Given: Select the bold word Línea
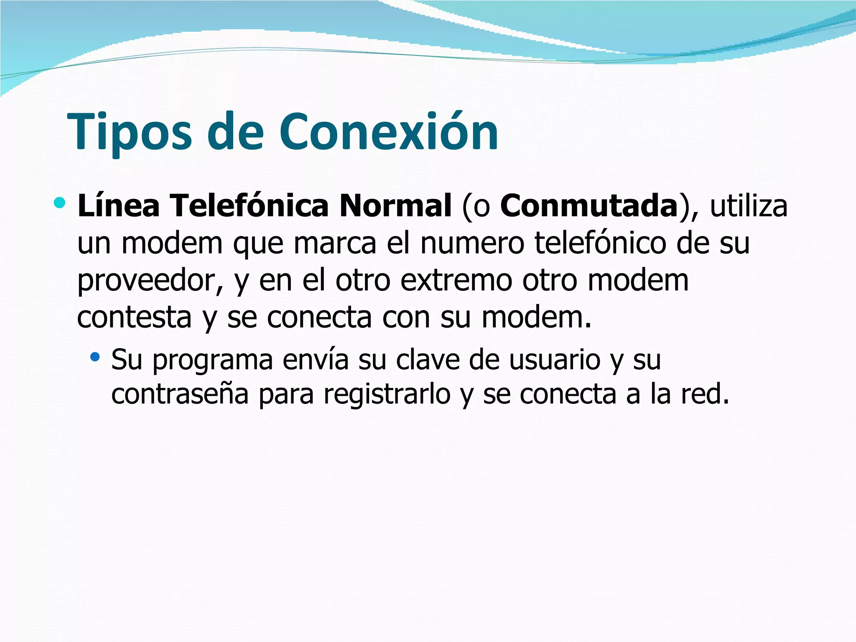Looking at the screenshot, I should coord(118,206).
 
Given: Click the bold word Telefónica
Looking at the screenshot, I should coord(250,206).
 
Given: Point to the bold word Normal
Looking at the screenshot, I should coord(395,206).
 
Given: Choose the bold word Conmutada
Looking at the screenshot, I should coord(588,206).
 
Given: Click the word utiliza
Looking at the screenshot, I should coord(749,206).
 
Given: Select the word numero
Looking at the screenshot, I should coord(472,243).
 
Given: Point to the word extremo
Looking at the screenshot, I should coord(456,280).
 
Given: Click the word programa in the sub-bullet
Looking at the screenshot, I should coord(212,360).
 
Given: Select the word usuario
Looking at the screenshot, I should coord(555,359).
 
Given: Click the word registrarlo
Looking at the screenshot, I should coord(387,394).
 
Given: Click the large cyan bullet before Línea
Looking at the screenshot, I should coord(60,203).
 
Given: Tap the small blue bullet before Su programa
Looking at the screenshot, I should coord(95,357).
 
